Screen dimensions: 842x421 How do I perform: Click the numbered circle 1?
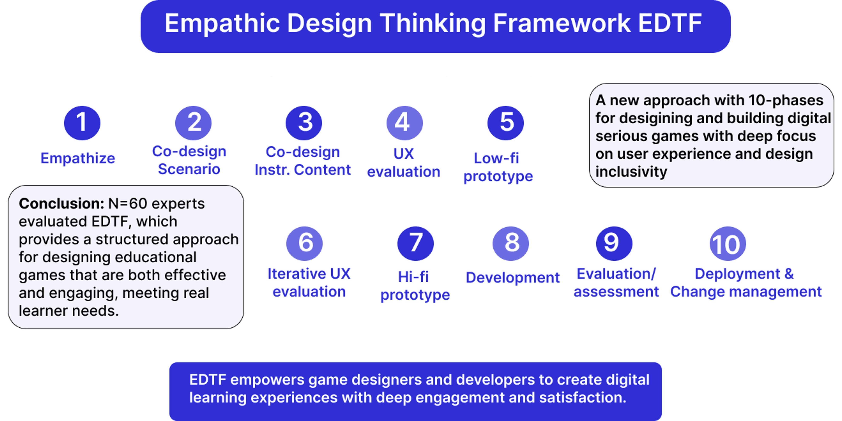[82, 123]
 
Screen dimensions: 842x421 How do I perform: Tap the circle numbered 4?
[405, 123]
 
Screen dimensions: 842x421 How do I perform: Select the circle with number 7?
[415, 244]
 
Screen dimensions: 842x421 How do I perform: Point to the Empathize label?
[78, 158]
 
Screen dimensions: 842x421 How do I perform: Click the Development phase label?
[513, 278]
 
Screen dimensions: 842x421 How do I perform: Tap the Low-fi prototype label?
[498, 167]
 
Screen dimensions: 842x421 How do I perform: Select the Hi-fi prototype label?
[415, 286]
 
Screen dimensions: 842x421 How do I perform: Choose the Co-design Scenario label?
[189, 160]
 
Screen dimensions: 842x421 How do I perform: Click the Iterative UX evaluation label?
[309, 283]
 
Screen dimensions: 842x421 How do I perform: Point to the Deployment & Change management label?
[746, 283]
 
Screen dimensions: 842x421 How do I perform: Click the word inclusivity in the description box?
[631, 172]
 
